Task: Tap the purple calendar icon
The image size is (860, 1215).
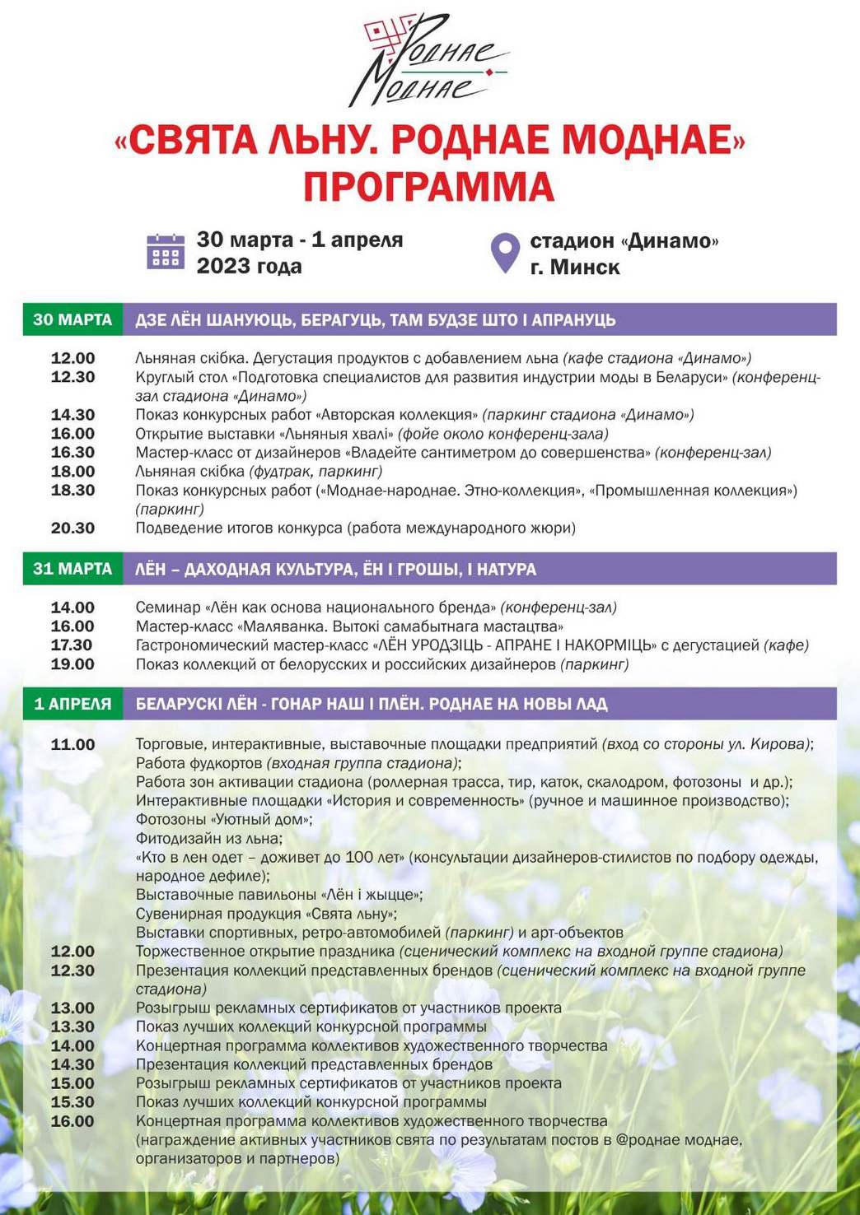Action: click(165, 252)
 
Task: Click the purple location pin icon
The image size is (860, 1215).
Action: click(505, 252)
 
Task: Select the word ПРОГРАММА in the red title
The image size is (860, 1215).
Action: click(428, 187)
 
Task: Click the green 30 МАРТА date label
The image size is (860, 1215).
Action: click(72, 319)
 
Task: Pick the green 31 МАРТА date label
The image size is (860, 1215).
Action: click(72, 569)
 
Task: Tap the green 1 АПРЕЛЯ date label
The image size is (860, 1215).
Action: click(72, 704)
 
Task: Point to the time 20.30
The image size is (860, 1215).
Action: click(72, 528)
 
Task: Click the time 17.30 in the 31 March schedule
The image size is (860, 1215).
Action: click(72, 645)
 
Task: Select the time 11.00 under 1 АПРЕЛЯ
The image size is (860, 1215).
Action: click(72, 744)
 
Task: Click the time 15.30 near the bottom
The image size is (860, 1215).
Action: click(72, 1102)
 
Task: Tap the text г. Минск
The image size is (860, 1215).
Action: click(574, 267)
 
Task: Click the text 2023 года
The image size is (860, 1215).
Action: click(249, 266)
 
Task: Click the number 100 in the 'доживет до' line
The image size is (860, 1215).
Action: click(359, 857)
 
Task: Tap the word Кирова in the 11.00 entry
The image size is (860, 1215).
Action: click(779, 744)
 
